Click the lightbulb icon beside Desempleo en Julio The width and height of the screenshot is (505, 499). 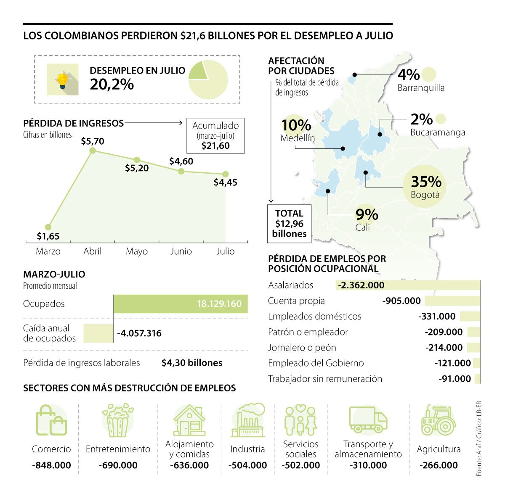(62, 80)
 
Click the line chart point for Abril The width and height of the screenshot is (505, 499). (93, 150)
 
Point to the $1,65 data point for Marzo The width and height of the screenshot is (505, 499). (48, 227)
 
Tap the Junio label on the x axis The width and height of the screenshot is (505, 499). (181, 251)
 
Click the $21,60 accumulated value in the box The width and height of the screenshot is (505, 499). (215, 146)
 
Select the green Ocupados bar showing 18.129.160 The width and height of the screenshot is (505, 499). (181, 304)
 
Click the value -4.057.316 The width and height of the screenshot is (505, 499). (139, 333)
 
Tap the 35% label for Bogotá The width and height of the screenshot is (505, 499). (426, 182)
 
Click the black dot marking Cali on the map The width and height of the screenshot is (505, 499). (328, 191)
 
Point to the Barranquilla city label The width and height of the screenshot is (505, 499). (421, 88)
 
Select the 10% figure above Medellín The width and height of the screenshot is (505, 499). (296, 125)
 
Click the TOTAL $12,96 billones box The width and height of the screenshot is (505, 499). (289, 224)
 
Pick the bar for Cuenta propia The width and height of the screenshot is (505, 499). (452, 301)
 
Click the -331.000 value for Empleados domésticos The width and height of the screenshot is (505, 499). (437, 317)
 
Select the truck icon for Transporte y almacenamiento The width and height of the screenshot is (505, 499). (368, 419)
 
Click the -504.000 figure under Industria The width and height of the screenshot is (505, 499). (247, 465)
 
